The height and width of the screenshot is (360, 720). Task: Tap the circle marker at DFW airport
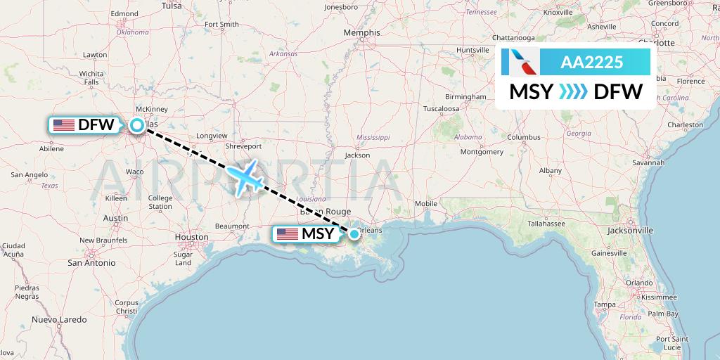(x=137, y=126)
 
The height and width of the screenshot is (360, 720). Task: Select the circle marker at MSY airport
(x=354, y=234)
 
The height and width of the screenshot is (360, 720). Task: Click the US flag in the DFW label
(x=64, y=126)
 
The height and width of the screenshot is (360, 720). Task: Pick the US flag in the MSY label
(x=288, y=234)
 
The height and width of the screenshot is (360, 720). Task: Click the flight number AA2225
(x=591, y=63)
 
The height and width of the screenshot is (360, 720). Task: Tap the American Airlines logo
(x=521, y=63)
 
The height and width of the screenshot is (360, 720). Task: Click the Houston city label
(x=191, y=238)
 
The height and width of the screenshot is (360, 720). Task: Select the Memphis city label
(x=363, y=32)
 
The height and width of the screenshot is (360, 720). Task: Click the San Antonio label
(x=91, y=263)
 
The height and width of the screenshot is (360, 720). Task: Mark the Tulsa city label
(x=172, y=6)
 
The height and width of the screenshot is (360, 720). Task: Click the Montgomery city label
(x=482, y=152)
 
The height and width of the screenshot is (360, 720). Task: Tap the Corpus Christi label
(x=127, y=307)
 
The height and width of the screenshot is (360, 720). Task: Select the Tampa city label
(x=605, y=304)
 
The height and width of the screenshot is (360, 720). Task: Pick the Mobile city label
(x=426, y=204)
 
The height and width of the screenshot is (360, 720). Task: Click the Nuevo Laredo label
(x=58, y=320)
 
